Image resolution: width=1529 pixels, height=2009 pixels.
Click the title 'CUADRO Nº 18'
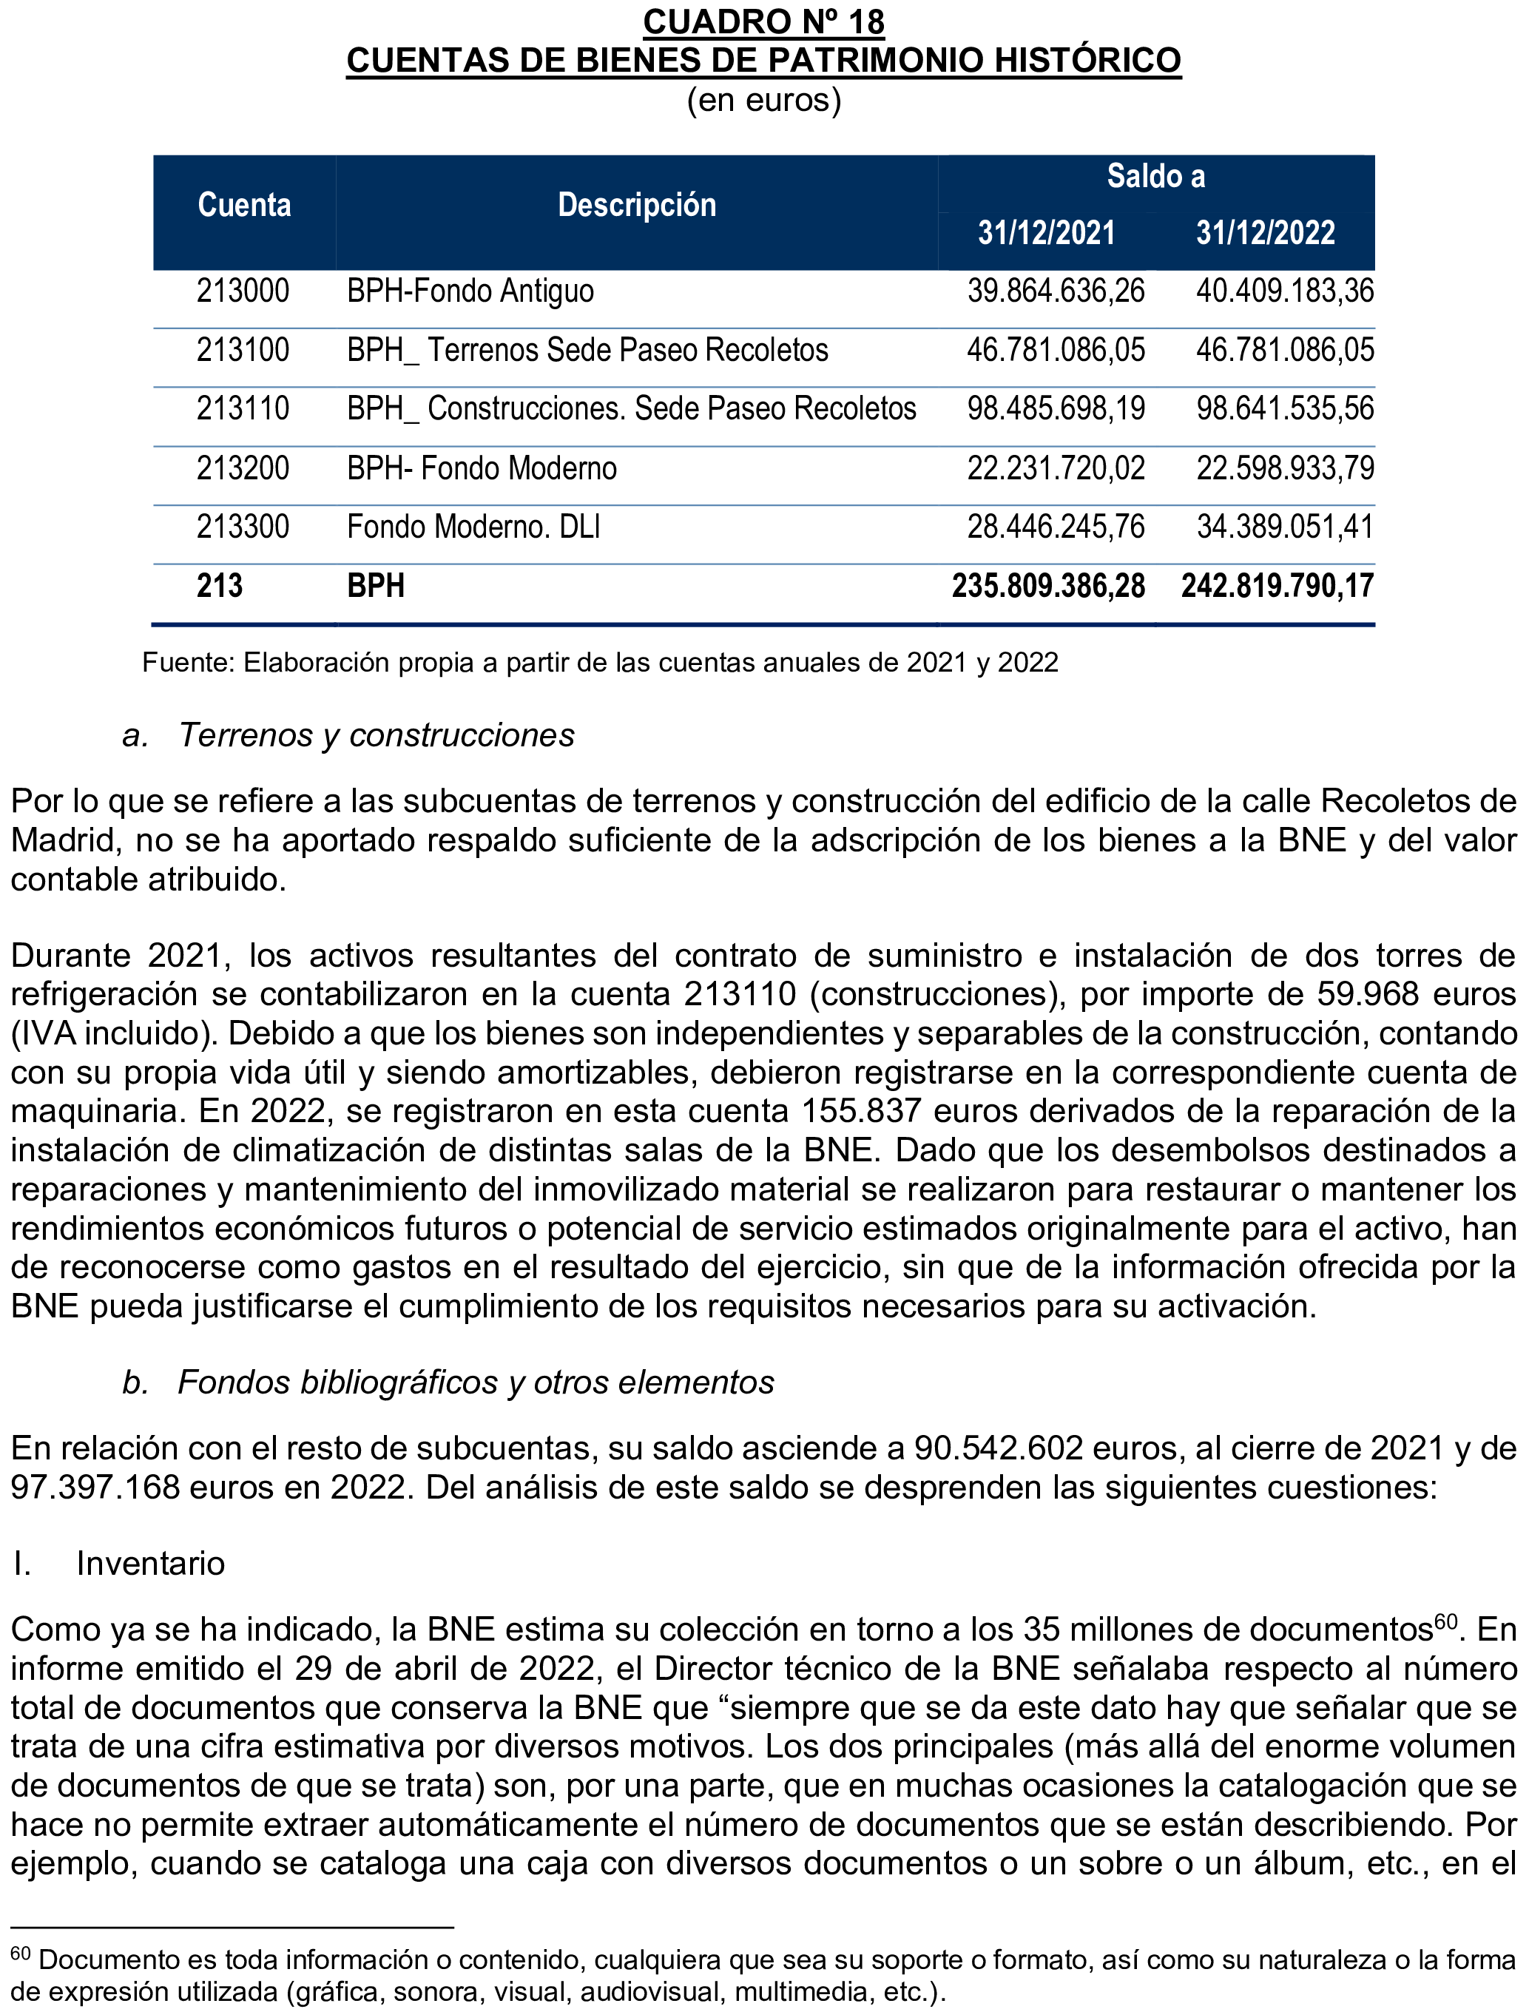[763, 22]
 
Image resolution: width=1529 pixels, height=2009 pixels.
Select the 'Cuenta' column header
[244, 206]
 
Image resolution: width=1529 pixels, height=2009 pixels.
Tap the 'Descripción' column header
[636, 206]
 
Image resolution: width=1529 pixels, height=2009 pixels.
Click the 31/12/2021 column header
[1046, 233]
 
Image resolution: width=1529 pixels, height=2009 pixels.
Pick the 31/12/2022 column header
[1265, 233]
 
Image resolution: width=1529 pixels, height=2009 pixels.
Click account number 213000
[243, 291]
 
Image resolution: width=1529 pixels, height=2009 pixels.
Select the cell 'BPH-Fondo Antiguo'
[470, 291]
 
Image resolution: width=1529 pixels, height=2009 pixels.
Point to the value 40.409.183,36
[1284, 291]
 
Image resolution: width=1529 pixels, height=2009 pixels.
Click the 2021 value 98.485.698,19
[1056, 408]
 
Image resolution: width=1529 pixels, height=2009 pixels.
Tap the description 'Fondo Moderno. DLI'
[473, 527]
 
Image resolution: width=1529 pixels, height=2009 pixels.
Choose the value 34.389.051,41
[1284, 527]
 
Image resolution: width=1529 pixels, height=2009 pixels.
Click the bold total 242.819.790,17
[1277, 586]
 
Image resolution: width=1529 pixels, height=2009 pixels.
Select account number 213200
[243, 468]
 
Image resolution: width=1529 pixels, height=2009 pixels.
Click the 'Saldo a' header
[1156, 177]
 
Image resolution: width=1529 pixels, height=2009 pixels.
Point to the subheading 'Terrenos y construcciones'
[376, 735]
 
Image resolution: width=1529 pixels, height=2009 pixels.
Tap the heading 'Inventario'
[150, 1563]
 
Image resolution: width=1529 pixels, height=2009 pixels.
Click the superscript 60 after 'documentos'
[1445, 1621]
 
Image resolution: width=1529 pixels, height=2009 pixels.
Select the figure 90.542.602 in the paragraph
[999, 1448]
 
